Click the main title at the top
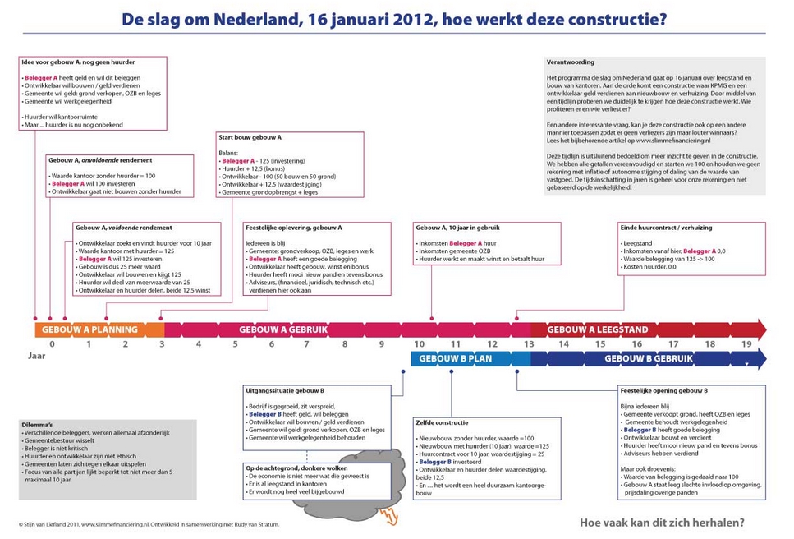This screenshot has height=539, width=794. [394, 17]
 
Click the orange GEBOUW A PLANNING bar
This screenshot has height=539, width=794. [90, 329]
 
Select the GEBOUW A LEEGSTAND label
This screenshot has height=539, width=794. [598, 329]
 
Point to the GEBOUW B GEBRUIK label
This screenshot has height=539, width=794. [649, 359]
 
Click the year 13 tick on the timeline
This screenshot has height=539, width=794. [529, 344]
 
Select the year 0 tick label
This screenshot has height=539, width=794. [52, 344]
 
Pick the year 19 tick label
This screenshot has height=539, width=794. [746, 344]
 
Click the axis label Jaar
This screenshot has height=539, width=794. [37, 357]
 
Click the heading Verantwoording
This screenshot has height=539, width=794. [571, 62]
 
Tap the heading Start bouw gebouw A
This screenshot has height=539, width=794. [250, 138]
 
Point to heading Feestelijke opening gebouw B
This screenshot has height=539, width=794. [663, 391]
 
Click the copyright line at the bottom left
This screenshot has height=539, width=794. [149, 524]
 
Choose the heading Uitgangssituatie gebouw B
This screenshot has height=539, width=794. [285, 391]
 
